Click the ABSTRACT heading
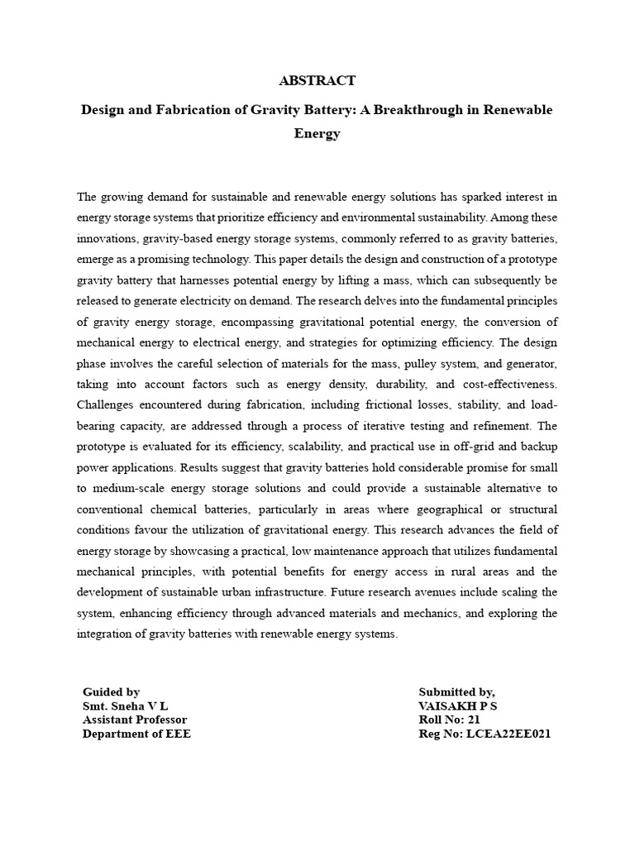pyautogui.click(x=317, y=81)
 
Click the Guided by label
pyautogui.click(x=111, y=692)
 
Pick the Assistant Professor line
pyautogui.click(x=135, y=720)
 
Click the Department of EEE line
pyautogui.click(x=136, y=735)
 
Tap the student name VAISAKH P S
pyautogui.click(x=458, y=706)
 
